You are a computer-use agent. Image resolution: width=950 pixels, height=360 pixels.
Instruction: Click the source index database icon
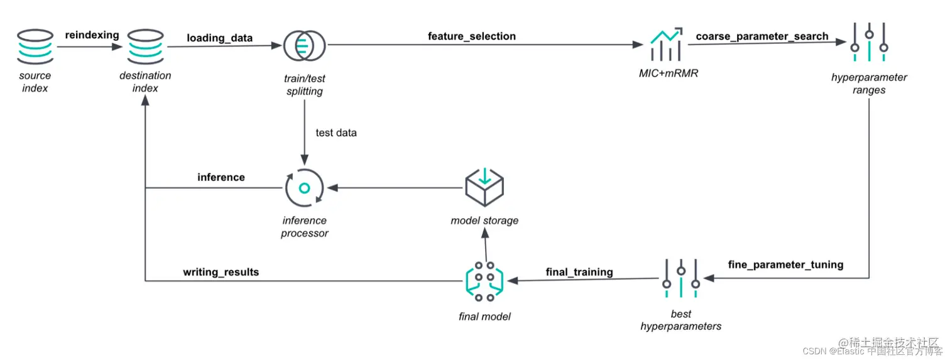pos(35,46)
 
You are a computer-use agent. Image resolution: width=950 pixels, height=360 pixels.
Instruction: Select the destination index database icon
pos(146,46)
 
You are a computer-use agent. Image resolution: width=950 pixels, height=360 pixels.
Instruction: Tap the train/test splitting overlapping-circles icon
pos(305,46)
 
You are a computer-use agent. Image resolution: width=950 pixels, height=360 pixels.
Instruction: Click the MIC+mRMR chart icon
pos(666,45)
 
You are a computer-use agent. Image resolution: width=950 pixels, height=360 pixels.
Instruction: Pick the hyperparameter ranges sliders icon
pos(870,42)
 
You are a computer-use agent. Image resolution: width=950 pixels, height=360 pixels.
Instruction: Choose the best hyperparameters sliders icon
pos(681,278)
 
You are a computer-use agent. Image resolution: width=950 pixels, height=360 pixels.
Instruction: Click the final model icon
pos(484,281)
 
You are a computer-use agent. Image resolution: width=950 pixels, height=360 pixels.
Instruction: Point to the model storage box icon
pos(484,187)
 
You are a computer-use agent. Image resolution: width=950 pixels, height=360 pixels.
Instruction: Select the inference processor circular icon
pos(304,188)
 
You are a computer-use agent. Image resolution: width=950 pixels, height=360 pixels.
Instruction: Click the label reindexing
pos(92,35)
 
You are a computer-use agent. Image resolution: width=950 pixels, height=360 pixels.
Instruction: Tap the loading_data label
pos(220,38)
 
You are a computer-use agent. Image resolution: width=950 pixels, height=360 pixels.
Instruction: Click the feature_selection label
pos(472,36)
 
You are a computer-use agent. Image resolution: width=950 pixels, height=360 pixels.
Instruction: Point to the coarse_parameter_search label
pos(762,36)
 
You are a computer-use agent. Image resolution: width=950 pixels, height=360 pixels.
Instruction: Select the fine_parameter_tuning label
pos(785,265)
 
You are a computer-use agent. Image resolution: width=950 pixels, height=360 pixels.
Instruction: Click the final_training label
pos(579,272)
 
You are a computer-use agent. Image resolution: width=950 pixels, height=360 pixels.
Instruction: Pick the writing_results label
pos(221,272)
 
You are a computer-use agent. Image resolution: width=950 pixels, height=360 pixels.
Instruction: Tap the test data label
pos(336,133)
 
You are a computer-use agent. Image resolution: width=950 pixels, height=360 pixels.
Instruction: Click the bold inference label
pos(221,177)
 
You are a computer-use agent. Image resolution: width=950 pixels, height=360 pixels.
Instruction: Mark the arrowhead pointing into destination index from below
pos(145,100)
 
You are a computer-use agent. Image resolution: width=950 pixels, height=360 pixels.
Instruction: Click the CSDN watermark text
pos(872,351)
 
